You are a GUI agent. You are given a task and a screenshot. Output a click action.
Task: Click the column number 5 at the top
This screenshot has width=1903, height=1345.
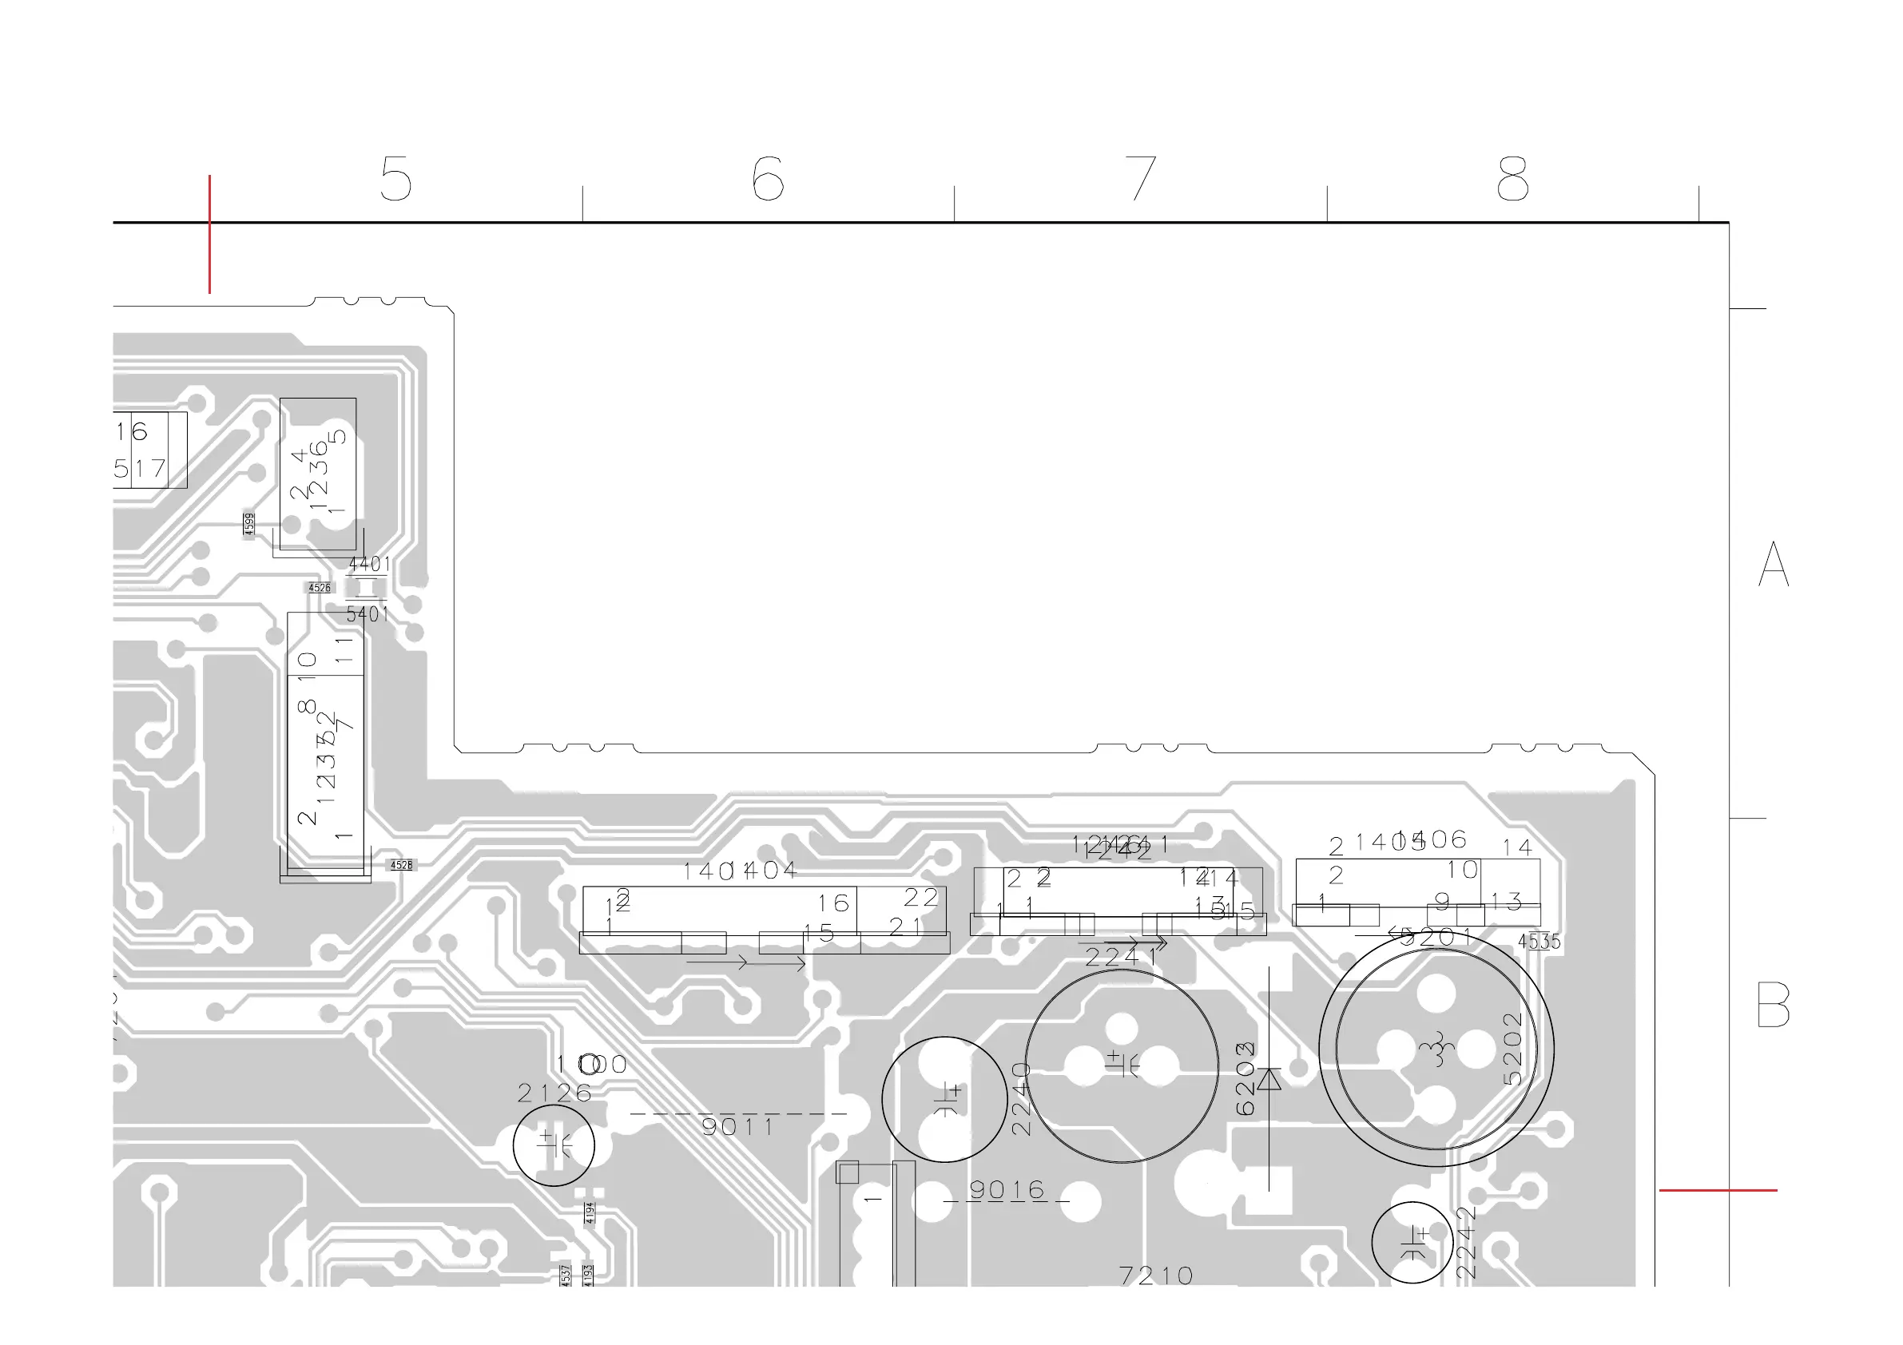click(x=396, y=178)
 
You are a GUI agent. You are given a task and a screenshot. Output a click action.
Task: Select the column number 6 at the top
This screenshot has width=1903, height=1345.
click(x=768, y=178)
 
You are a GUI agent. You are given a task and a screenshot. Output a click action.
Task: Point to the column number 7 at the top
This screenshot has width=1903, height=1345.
click(x=1142, y=178)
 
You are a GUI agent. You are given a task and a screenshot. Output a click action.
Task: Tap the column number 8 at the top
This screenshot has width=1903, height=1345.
click(x=1512, y=178)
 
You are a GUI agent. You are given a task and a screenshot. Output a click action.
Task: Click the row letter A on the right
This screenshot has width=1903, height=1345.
click(x=1773, y=565)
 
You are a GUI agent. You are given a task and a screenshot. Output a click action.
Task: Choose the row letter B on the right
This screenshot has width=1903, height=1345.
click(x=1773, y=1005)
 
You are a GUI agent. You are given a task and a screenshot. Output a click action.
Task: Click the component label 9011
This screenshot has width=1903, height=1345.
click(x=737, y=1127)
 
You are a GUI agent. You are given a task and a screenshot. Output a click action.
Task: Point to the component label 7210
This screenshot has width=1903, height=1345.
click(x=1155, y=1276)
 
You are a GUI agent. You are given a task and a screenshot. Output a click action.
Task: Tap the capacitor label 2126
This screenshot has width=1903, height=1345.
click(x=554, y=1093)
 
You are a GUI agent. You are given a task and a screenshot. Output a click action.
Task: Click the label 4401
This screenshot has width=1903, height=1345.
click(x=369, y=565)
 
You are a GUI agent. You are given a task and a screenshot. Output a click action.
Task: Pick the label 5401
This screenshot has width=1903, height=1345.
click(x=367, y=614)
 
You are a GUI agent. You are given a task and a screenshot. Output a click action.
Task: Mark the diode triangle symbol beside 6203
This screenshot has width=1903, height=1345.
click(x=1269, y=1079)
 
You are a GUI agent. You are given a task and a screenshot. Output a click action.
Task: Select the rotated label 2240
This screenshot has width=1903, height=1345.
click(x=1021, y=1099)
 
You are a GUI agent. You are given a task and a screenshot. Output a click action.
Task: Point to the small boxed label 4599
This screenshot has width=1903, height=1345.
click(x=248, y=524)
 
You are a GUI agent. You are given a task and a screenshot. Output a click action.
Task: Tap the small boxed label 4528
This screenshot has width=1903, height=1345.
click(x=401, y=865)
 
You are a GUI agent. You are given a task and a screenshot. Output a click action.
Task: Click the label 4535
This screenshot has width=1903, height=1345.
click(x=1539, y=942)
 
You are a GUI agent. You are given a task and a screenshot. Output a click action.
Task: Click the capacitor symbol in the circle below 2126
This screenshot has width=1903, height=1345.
click(x=554, y=1145)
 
